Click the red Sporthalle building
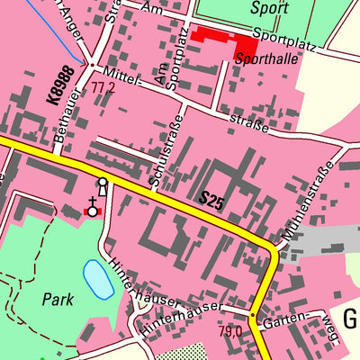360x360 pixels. point(220,39)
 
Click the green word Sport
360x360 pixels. point(269,9)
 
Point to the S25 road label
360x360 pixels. point(211,201)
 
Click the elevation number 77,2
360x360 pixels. point(103,89)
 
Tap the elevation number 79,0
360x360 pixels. point(230,331)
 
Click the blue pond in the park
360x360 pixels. point(97,279)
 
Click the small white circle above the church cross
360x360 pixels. point(103,183)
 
